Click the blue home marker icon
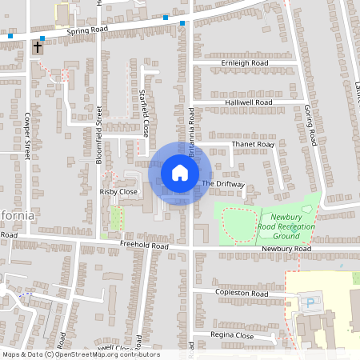pos(180,172)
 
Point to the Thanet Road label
pos(253,145)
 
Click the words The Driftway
pos(222,184)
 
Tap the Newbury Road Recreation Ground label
pos(291,226)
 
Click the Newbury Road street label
pos(286,250)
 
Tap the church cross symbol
pos(37,48)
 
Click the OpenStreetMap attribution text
pos(80,354)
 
